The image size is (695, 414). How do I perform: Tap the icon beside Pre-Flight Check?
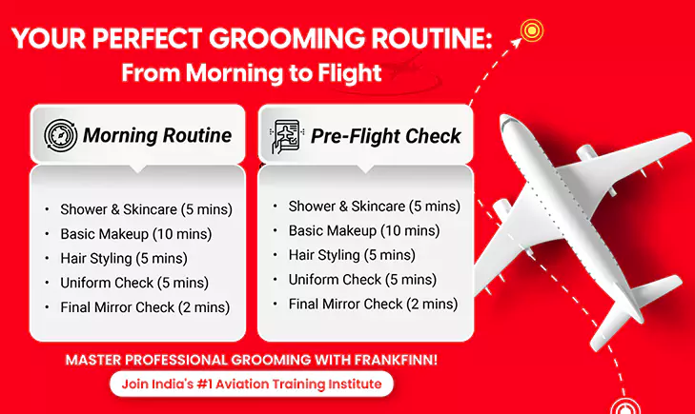pyautogui.click(x=288, y=135)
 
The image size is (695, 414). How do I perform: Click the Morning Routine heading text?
pyautogui.click(x=156, y=135)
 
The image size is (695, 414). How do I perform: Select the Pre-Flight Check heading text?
pyautogui.click(x=386, y=135)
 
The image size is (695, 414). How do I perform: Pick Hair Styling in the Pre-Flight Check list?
pyautogui.click(x=324, y=255)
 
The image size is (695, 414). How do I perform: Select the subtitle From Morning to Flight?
pyautogui.click(x=253, y=72)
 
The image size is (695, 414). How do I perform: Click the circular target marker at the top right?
pyautogui.click(x=531, y=30)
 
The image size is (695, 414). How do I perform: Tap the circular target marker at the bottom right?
pyautogui.click(x=624, y=408)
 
